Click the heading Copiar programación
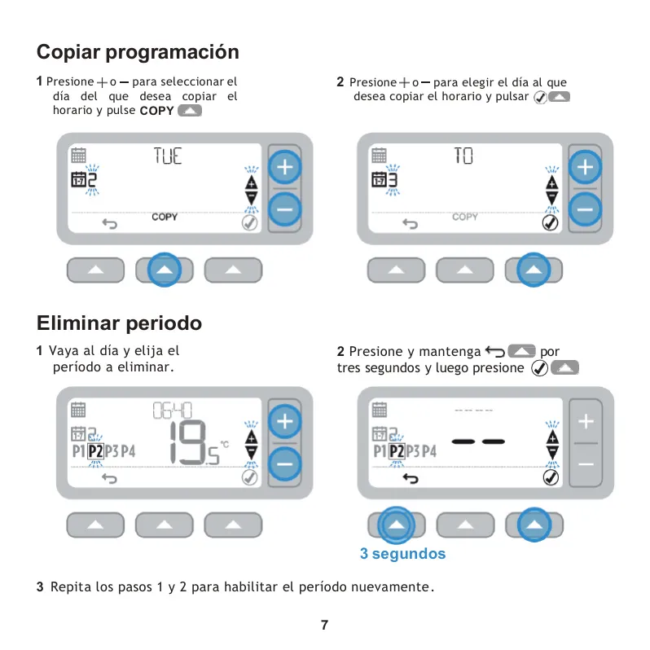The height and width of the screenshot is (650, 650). (x=138, y=53)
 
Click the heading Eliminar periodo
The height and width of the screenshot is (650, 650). (x=120, y=323)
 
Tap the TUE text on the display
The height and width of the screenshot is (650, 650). (x=168, y=156)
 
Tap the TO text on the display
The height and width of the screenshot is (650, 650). (x=463, y=156)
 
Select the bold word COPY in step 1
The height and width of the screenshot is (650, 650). (x=156, y=111)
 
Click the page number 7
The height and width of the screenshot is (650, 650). (x=324, y=625)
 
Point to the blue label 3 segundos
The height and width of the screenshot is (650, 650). (x=402, y=553)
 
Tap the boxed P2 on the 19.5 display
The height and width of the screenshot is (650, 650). (x=95, y=451)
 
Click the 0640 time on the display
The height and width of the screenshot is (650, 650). (x=172, y=411)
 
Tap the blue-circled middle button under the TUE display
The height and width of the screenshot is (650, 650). (x=165, y=270)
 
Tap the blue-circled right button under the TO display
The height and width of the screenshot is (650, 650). (x=534, y=270)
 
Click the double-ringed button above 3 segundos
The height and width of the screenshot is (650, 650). (x=396, y=525)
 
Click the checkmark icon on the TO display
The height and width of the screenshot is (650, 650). (x=550, y=223)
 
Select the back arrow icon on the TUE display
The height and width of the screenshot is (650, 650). (x=110, y=224)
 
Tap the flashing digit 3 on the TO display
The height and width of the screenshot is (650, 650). (x=393, y=180)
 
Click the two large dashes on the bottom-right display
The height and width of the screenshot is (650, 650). (x=478, y=441)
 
